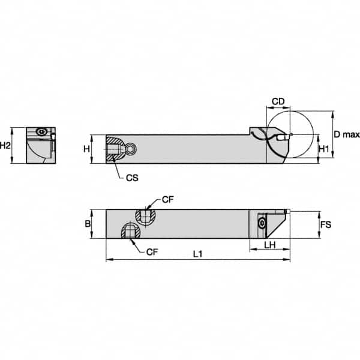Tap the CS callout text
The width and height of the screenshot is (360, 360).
click(x=133, y=178)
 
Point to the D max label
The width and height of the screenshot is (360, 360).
click(x=346, y=134)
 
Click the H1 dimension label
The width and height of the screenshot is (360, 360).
click(x=323, y=148)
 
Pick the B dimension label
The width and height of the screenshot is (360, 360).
click(x=88, y=223)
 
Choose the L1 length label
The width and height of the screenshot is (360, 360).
click(x=197, y=254)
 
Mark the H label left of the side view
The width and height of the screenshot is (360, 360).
click(x=86, y=148)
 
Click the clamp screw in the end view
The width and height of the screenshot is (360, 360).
click(x=41, y=133)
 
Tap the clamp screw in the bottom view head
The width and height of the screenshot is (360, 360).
click(x=262, y=223)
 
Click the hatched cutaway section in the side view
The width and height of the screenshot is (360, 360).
click(x=114, y=149)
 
